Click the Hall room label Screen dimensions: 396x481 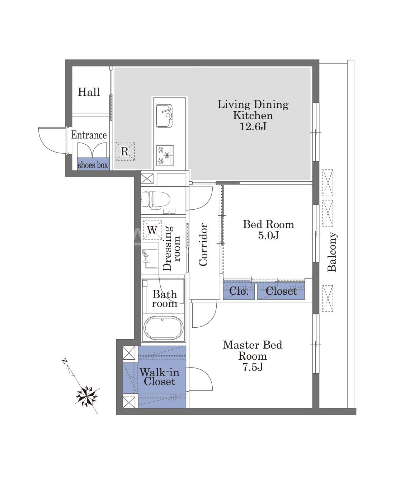click(89, 92)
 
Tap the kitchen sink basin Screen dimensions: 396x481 click(164, 116)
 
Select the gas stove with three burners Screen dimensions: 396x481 click(165, 155)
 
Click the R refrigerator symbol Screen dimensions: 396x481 click(125, 151)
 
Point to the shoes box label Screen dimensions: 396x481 click(93, 165)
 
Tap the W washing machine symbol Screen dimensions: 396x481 click(152, 230)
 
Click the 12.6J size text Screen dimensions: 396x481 click(253, 126)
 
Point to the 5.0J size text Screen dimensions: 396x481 click(268, 235)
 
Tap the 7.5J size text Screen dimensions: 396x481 click(253, 367)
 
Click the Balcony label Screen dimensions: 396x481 click(332, 252)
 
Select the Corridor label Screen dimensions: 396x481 click(203, 245)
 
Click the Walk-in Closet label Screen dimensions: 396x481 click(159, 377)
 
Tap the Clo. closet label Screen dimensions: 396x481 click(239, 291)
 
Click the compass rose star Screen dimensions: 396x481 click(87, 396)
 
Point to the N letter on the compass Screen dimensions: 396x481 click(65, 361)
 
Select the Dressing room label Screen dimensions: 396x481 click(171, 248)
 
